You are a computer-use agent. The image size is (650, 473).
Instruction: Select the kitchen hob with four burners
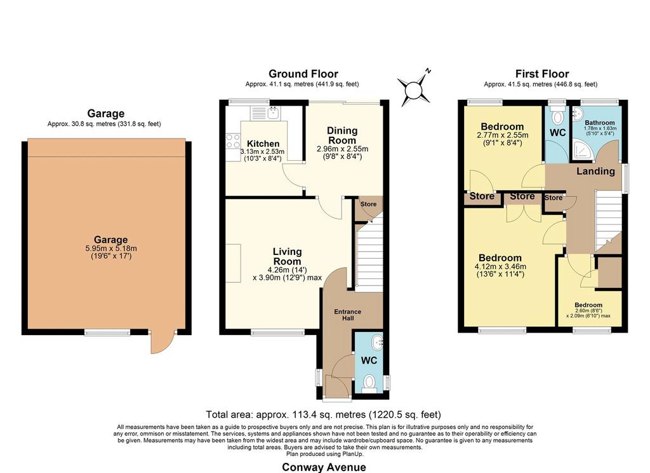pyautogui.click(x=233, y=140)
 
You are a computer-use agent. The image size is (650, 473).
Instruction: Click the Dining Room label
pyautogui.click(x=342, y=135)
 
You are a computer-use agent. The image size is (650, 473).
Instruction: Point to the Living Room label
pyautogui.click(x=288, y=256)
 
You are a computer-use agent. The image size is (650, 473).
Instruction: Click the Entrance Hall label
pyautogui.click(x=348, y=315)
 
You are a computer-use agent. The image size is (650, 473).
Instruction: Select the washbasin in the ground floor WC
pyautogui.click(x=378, y=343)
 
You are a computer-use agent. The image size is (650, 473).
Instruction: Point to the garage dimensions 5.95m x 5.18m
pyautogui.click(x=110, y=249)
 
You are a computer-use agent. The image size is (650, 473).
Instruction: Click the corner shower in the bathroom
pyautogui.click(x=584, y=150)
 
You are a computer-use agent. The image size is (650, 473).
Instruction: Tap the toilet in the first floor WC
pyautogui.click(x=558, y=116)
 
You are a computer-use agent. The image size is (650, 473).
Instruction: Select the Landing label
pyautogui.click(x=595, y=171)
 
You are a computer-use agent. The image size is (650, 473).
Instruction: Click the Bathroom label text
pyautogui.click(x=600, y=123)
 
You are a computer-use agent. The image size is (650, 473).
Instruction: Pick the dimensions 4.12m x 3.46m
pyautogui.click(x=500, y=266)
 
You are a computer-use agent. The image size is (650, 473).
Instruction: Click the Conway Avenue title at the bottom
pyautogui.click(x=324, y=467)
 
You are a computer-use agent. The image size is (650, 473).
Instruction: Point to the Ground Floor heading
pyautogui.click(x=303, y=74)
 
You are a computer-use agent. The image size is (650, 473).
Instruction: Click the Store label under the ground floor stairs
pyautogui.click(x=369, y=204)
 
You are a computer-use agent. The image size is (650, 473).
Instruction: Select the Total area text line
pyautogui.click(x=323, y=415)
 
